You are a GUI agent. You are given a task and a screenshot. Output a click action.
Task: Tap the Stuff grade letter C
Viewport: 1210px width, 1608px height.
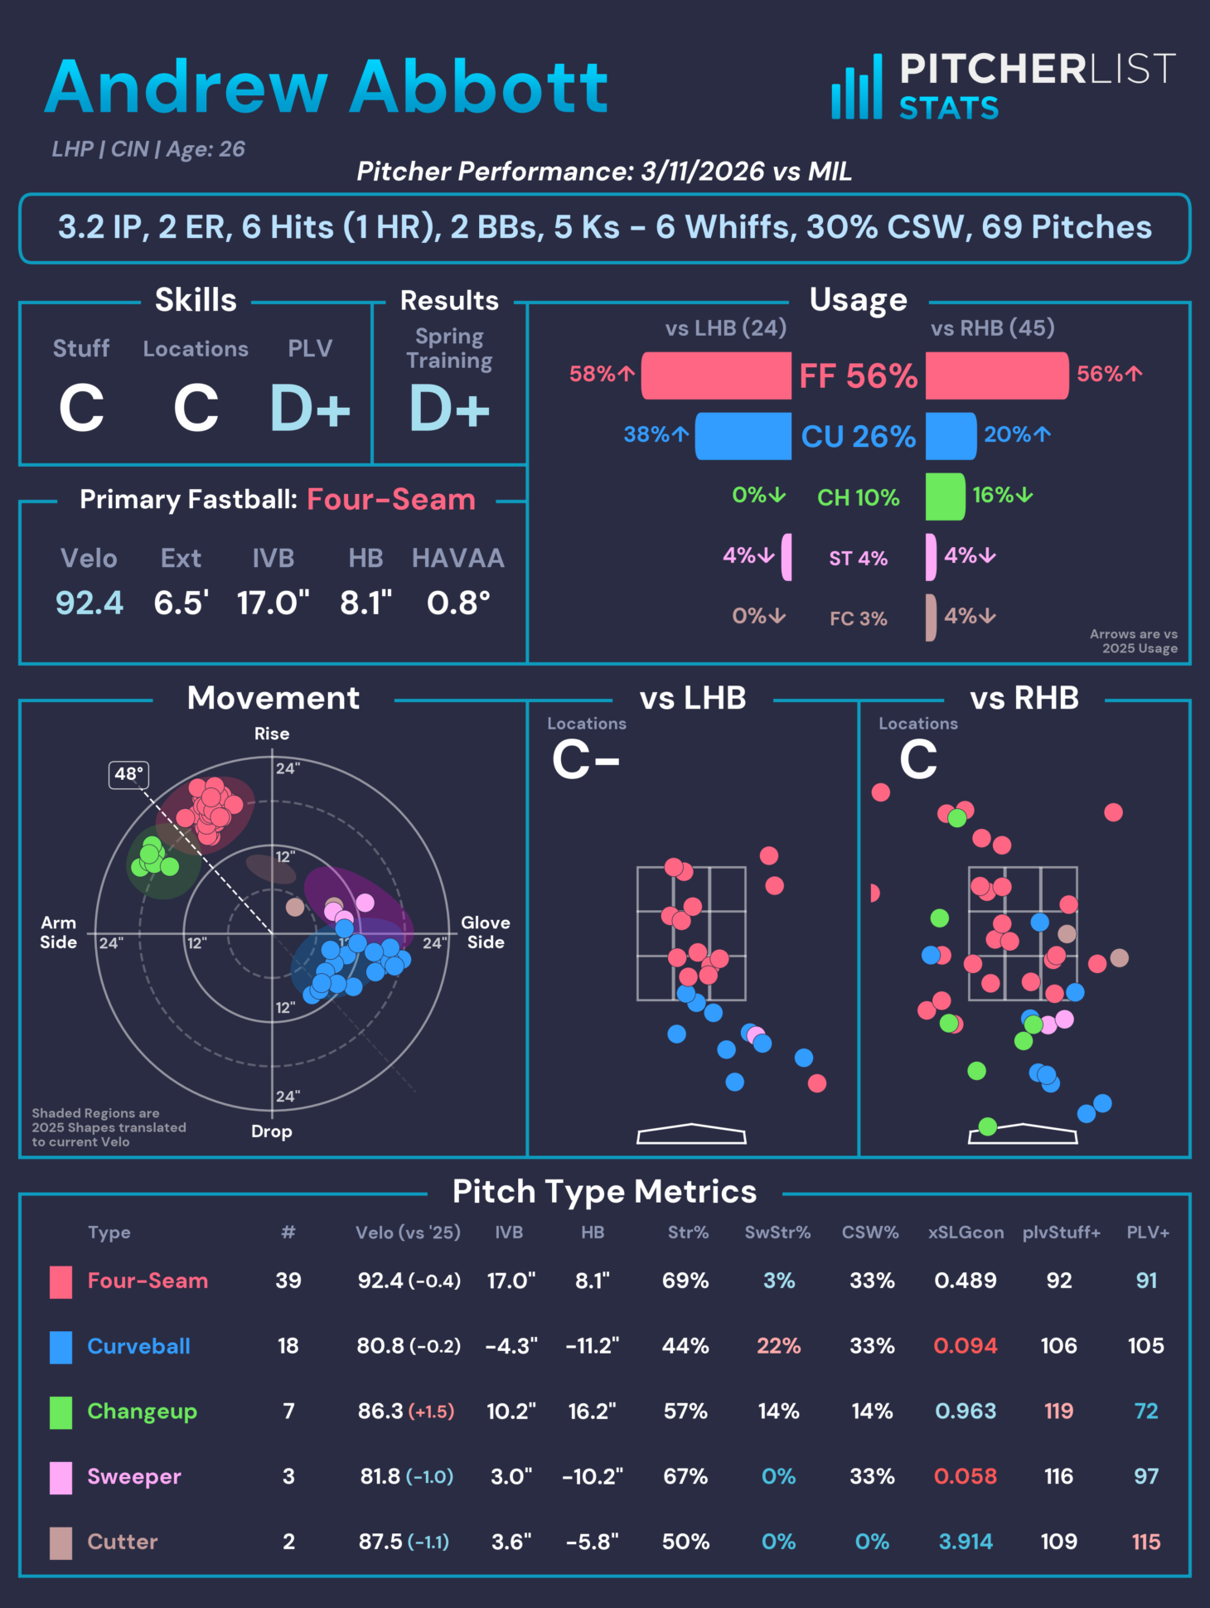81,409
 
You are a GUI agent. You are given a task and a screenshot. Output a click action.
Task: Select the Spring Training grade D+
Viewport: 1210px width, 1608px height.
449,409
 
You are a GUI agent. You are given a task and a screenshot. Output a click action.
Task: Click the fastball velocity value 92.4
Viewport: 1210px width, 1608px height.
90,603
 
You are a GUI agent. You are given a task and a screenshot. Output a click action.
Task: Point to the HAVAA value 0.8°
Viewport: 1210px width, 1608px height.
458,603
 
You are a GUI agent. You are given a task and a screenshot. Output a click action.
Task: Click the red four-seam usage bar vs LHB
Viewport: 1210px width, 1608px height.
716,375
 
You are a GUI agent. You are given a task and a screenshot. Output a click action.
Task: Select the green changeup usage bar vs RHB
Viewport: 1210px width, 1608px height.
945,496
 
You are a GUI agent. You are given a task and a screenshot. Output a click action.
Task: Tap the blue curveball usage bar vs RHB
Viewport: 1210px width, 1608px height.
951,436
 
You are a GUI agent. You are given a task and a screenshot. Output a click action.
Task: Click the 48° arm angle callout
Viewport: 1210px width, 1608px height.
129,774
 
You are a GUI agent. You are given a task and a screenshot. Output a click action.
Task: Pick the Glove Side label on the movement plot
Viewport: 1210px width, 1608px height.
485,932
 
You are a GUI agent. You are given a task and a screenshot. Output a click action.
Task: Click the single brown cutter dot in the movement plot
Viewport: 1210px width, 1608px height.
295,907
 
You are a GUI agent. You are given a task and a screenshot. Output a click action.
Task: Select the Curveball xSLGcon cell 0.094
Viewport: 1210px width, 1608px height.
966,1345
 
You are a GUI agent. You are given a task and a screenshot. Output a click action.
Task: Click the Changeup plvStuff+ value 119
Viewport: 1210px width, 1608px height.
1058,1411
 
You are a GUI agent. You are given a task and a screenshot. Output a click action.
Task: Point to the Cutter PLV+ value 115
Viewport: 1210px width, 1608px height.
1146,1542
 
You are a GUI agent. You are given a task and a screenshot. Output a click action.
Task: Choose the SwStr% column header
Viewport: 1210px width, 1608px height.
777,1233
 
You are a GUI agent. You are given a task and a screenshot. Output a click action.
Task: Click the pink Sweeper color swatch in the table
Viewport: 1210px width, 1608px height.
60,1477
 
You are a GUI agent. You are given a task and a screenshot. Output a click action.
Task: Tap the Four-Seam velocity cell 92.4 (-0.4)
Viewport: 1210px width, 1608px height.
409,1281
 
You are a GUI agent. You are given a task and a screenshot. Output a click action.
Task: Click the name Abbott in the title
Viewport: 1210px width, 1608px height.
479,87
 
